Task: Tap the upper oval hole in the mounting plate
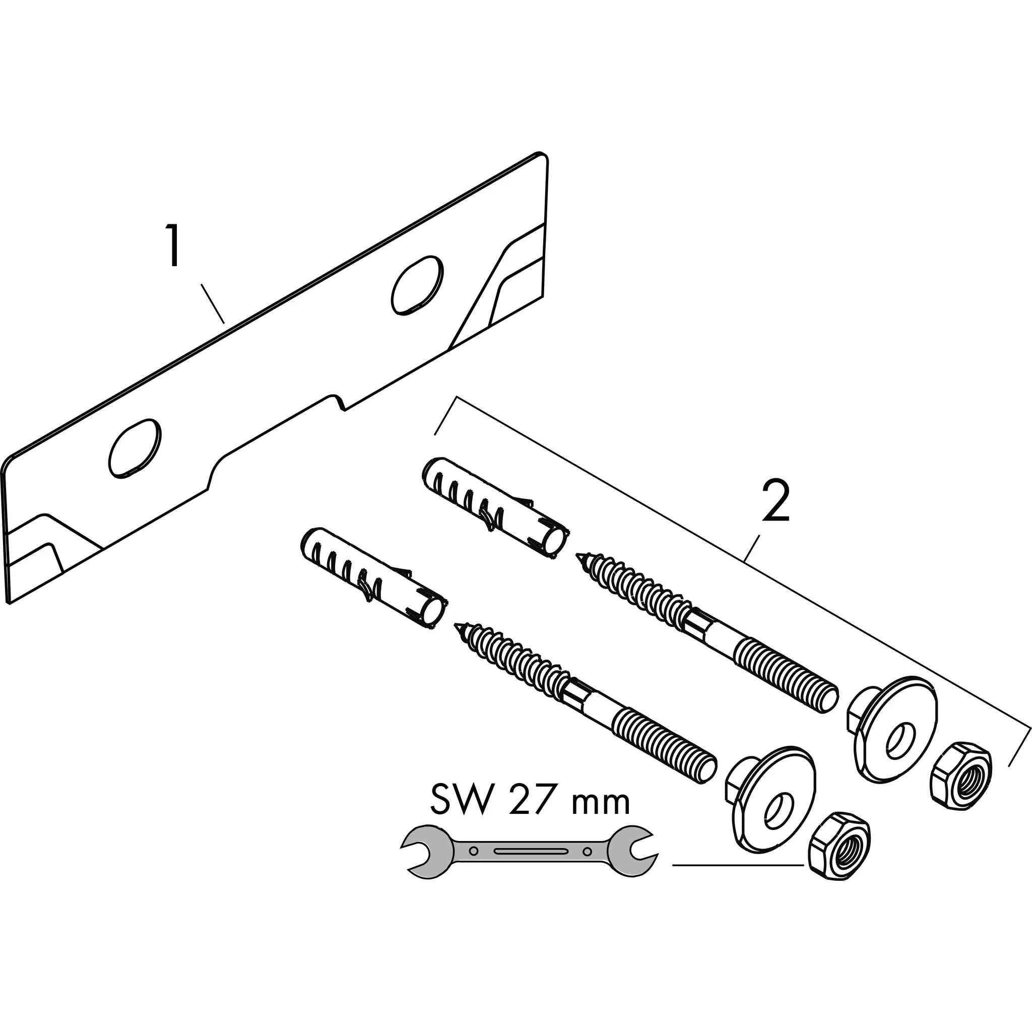coord(417,286)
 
